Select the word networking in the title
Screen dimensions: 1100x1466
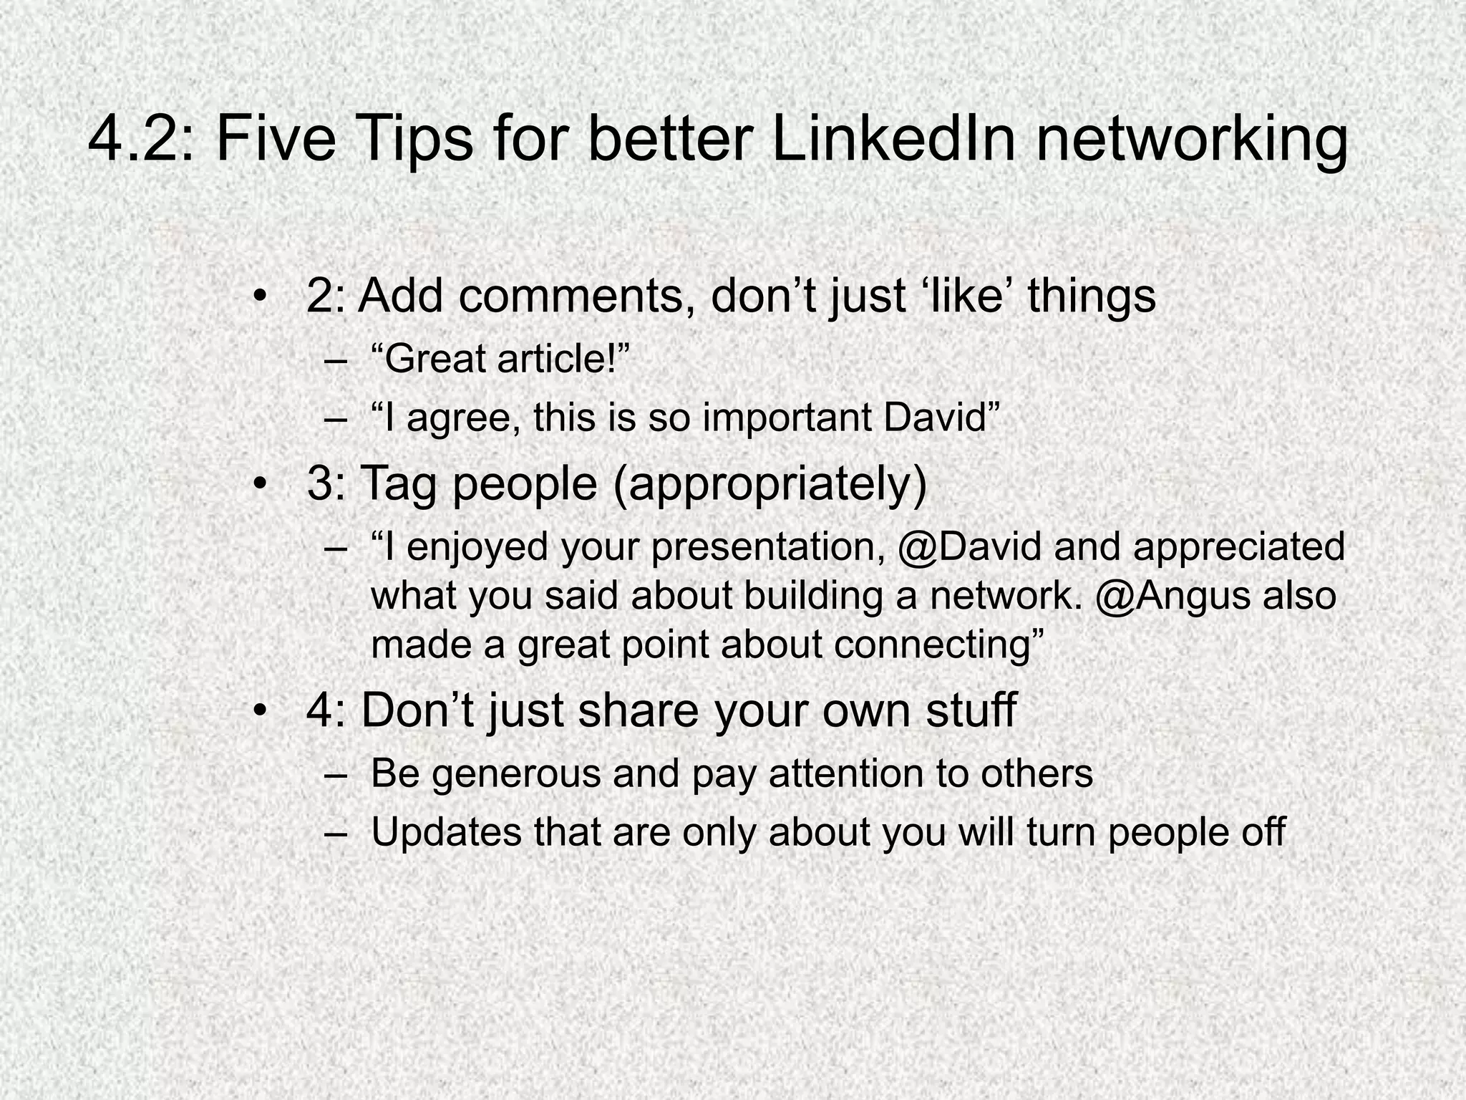tap(1191, 140)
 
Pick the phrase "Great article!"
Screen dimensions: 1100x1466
tap(500, 359)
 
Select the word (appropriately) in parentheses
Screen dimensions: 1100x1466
tap(770, 485)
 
